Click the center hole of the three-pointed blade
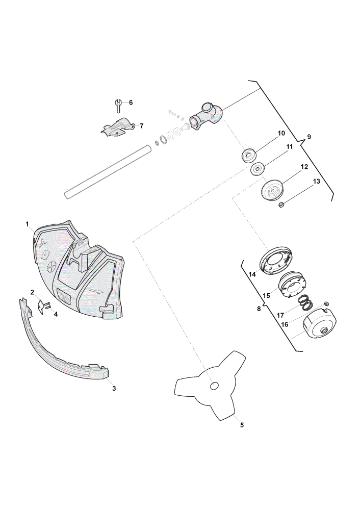pos(214,386)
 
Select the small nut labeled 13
pos(282,205)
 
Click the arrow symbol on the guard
pos(96,291)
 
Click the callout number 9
pos(308,137)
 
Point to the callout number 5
pos(242,425)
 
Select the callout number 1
pos(28,224)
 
